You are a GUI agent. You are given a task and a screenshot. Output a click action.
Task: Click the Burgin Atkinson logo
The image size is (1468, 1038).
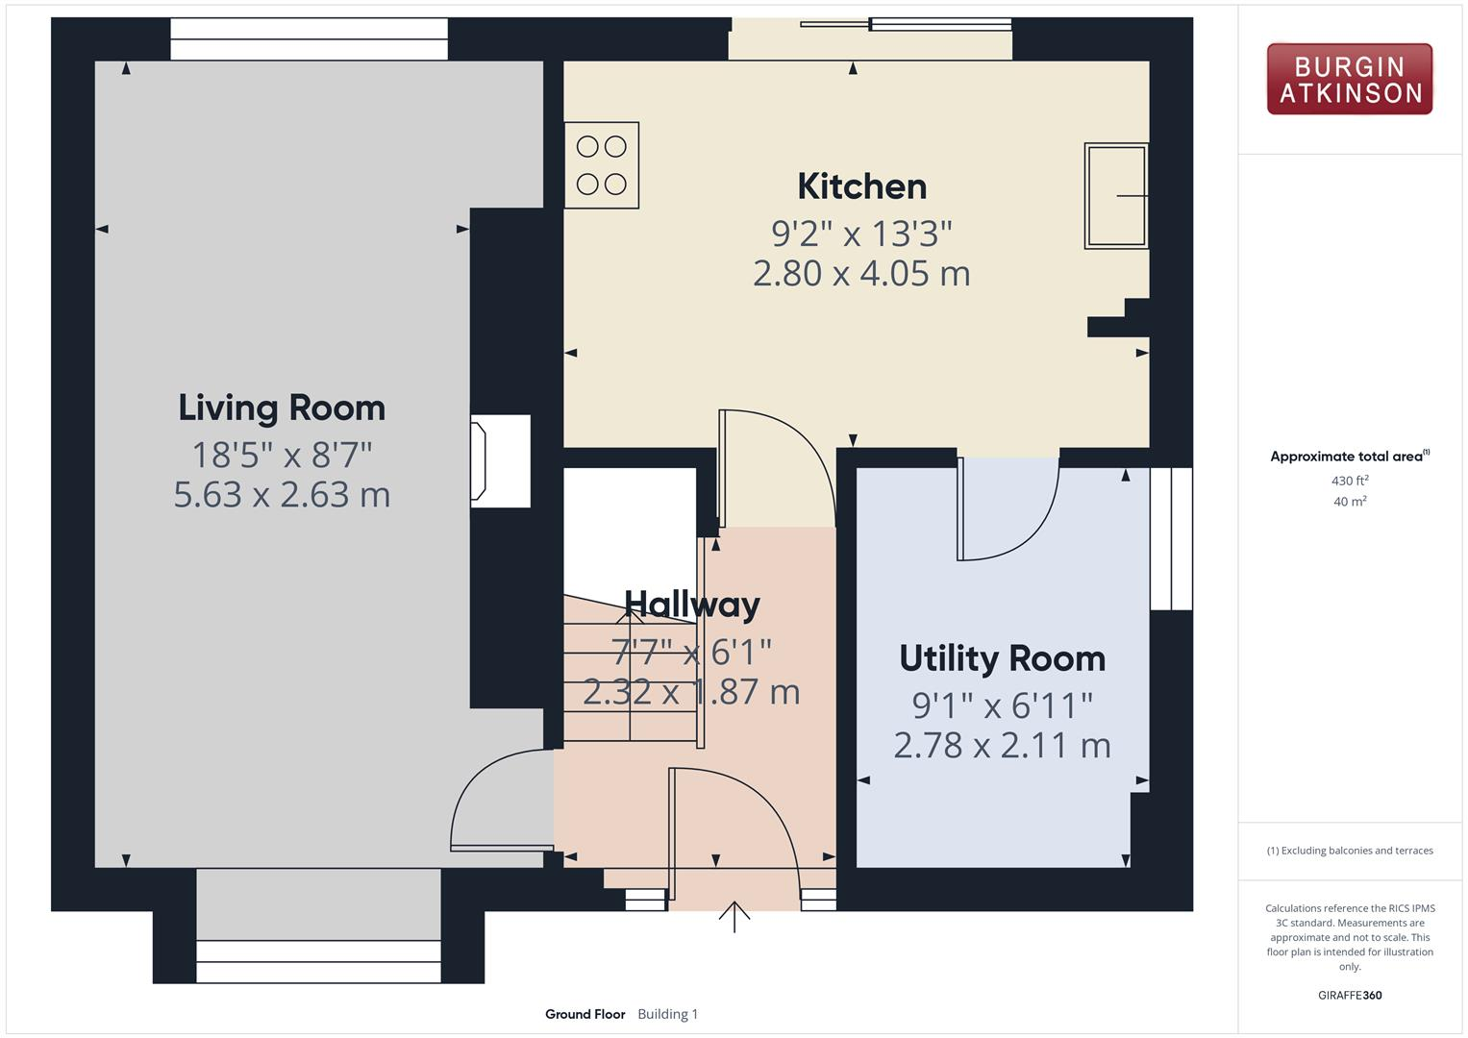coord(1349,79)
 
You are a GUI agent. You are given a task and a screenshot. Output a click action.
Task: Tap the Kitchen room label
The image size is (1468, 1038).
coord(861,186)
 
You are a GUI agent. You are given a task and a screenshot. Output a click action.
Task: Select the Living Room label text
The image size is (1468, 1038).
coord(282,408)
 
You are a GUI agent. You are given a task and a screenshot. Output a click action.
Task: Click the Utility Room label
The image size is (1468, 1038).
coord(1002,658)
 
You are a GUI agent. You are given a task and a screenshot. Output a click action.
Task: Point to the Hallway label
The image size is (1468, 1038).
coord(692,605)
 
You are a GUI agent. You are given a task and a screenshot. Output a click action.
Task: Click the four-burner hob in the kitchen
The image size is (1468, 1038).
coord(602,165)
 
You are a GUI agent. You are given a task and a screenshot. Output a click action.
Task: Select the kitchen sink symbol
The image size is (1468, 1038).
coord(1116,196)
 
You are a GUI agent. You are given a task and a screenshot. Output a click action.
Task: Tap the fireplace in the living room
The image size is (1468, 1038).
coord(500,461)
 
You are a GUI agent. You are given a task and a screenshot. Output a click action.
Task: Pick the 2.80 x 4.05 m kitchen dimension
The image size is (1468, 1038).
coord(861,274)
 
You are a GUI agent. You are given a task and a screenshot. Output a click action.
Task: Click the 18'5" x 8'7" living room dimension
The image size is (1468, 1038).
coord(282,453)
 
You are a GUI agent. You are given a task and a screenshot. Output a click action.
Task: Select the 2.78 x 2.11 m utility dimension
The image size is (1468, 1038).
coord(1002,746)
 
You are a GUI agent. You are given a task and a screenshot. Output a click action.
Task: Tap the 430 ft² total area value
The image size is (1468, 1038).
coord(1350,481)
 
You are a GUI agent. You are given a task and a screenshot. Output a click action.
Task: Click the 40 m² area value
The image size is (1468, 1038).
coord(1350,502)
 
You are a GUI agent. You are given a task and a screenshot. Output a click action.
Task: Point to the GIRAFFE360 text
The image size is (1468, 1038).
coord(1350,995)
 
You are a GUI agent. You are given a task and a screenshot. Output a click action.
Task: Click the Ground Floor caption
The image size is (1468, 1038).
coord(585,1014)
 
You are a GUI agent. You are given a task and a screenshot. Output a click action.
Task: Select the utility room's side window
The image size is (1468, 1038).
coord(1171,538)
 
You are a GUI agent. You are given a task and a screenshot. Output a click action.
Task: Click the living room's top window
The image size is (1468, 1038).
coord(309,38)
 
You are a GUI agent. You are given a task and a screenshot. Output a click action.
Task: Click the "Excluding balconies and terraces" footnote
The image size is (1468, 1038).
coord(1350,851)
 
